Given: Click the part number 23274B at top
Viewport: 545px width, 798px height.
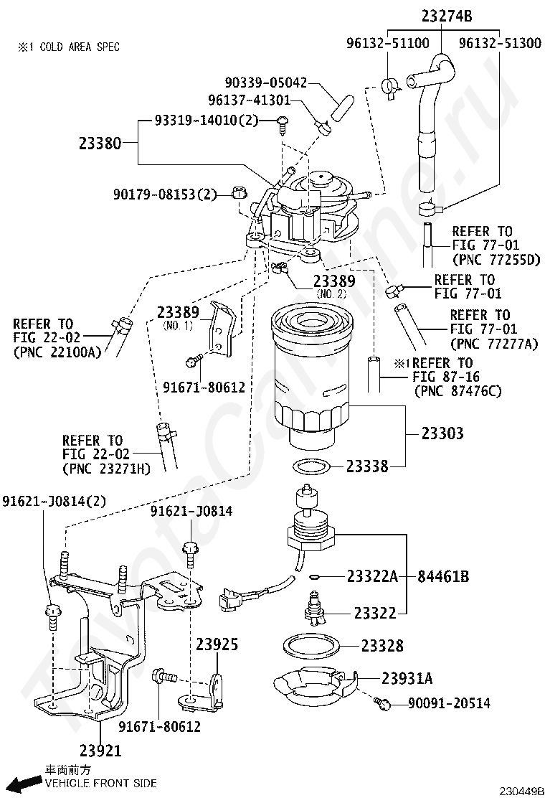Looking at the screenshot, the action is (x=446, y=17).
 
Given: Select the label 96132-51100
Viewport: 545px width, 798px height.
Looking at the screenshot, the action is (x=388, y=43).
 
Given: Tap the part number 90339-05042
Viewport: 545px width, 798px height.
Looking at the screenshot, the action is (x=266, y=83).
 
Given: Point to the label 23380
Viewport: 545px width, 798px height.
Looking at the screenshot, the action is (x=100, y=144).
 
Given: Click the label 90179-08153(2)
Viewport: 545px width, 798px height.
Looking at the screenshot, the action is (x=165, y=194).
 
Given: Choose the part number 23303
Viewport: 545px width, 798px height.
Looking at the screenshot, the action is (x=442, y=433).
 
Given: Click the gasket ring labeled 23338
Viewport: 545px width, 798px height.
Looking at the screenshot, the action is (x=312, y=465).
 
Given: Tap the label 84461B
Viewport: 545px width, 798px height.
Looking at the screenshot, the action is (x=443, y=577).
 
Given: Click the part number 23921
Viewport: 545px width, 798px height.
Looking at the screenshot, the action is (x=100, y=750).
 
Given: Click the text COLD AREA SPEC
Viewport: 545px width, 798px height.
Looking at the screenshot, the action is (x=80, y=47).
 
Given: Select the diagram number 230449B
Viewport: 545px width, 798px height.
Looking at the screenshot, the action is (x=521, y=792).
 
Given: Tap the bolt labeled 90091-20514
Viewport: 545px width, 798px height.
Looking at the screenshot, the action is (x=381, y=703).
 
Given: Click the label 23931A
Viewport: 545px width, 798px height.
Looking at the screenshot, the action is (x=407, y=678).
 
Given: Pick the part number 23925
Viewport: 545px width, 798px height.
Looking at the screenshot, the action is (x=217, y=644).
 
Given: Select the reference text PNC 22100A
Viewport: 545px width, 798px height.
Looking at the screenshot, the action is (x=57, y=352).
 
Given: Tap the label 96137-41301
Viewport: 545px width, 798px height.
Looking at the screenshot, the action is (x=249, y=100).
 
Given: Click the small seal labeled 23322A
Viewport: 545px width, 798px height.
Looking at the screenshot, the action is (x=313, y=577).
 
